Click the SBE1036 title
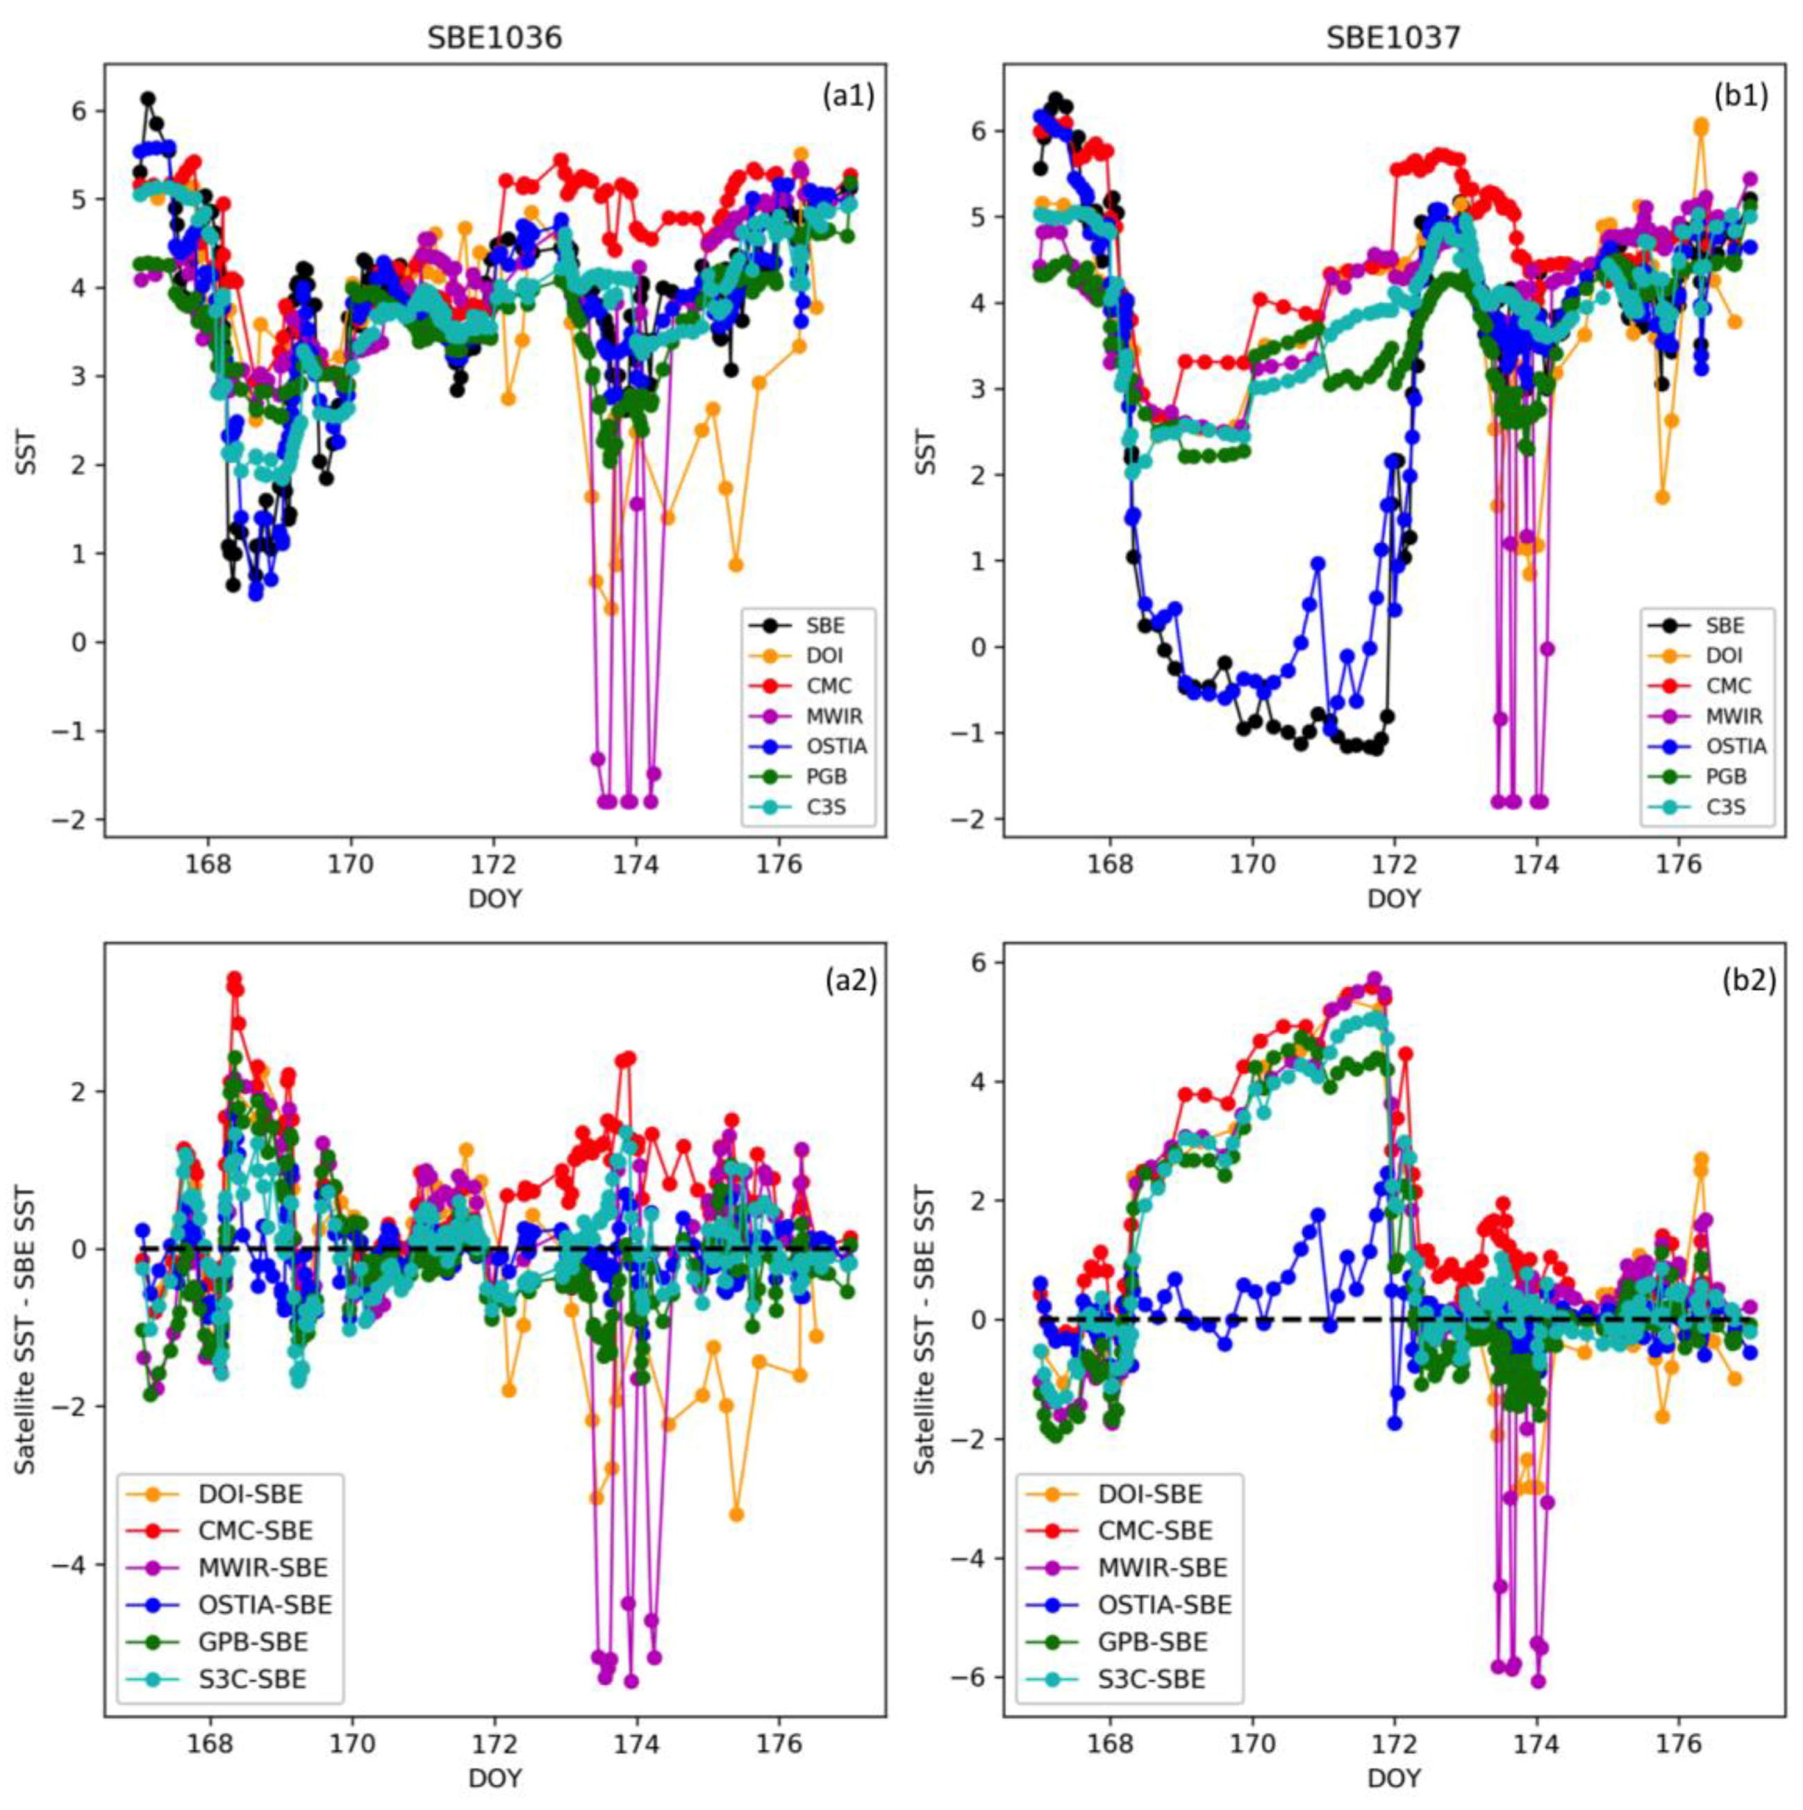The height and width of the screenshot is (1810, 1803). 495,38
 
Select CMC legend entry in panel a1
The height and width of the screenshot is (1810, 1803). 828,685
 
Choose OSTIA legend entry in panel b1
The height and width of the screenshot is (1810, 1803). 1736,746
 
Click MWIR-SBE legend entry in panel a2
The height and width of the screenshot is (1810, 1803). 263,1568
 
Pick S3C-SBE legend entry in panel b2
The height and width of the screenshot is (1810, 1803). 1151,1680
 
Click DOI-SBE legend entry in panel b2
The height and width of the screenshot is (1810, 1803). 1150,1494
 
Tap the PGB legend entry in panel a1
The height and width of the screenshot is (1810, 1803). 826,776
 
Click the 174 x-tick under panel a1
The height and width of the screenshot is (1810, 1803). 637,864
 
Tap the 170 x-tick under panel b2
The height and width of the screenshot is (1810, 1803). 1252,1745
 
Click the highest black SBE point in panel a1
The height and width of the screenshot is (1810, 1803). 148,99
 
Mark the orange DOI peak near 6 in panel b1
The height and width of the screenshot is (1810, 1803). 1701,124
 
